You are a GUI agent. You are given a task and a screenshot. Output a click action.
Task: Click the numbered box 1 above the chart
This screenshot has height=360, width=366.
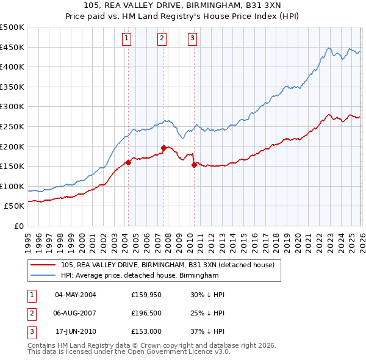[126, 38]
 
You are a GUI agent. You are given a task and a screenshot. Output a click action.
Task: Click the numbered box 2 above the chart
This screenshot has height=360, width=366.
[162, 38]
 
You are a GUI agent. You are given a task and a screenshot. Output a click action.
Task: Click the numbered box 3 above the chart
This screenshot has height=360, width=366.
[192, 38]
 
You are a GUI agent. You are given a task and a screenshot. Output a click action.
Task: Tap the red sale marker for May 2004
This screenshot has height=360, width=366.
[128, 162]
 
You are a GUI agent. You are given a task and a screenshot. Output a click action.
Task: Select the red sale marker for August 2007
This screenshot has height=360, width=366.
[163, 148]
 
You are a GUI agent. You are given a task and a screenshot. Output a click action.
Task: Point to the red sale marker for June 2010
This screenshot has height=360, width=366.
[194, 165]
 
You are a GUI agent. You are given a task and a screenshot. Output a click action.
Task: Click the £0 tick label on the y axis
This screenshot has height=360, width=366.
[18, 226]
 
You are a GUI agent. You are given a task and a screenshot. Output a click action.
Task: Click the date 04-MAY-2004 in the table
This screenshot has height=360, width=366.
[75, 295]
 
